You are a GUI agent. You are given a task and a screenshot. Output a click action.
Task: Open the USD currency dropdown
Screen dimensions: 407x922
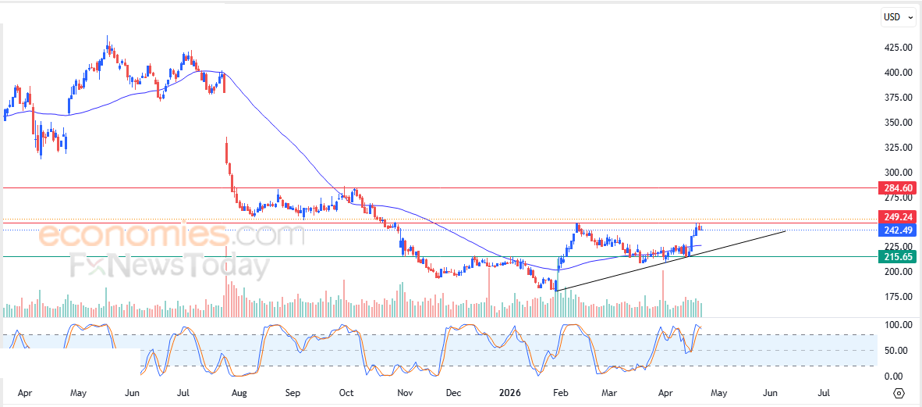[897, 16]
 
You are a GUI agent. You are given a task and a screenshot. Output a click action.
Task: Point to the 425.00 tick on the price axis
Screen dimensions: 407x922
[898, 48]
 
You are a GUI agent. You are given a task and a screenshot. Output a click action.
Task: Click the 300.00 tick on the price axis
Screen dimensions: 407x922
[898, 173]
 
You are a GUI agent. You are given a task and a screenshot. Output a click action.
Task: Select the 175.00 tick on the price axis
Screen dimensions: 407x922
[898, 297]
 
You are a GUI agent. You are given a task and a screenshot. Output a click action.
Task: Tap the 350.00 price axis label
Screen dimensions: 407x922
[898, 123]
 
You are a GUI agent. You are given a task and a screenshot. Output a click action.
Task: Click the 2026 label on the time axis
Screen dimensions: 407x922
[512, 393]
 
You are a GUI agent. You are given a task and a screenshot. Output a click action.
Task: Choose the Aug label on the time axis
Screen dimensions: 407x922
[239, 393]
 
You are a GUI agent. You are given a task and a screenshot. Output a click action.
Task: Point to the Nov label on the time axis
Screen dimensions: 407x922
[404, 393]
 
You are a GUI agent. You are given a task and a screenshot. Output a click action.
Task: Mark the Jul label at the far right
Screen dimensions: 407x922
[824, 393]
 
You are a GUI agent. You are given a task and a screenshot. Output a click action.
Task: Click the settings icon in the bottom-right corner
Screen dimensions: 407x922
[899, 393]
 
